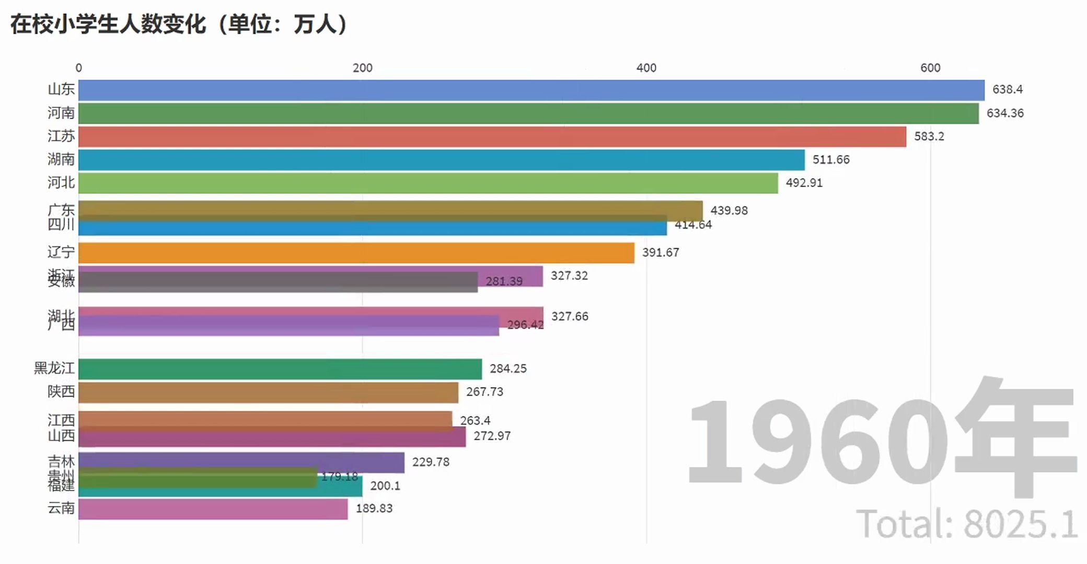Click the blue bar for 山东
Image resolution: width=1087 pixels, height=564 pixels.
531,90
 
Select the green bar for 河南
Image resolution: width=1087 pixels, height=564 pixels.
528,113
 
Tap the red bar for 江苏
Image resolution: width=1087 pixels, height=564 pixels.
492,136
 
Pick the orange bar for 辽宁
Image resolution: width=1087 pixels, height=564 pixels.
356,253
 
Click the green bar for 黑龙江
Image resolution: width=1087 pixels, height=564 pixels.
280,369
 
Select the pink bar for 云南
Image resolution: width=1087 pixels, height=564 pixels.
213,509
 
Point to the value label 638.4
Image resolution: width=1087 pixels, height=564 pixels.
1007,89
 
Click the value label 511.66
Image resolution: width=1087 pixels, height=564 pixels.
830,160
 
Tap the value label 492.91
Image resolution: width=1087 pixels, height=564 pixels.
804,183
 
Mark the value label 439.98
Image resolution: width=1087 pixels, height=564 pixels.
728,210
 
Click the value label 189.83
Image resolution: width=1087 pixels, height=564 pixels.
374,509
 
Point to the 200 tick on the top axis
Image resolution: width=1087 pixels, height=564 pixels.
362,68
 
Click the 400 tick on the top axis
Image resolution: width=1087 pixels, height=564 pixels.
646,68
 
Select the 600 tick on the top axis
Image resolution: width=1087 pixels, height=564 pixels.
930,68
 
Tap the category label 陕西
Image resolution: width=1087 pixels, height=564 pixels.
61,392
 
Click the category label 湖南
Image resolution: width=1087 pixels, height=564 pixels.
61,159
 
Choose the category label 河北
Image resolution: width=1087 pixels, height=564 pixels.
61,182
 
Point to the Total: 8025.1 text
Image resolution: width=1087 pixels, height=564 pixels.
966,524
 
